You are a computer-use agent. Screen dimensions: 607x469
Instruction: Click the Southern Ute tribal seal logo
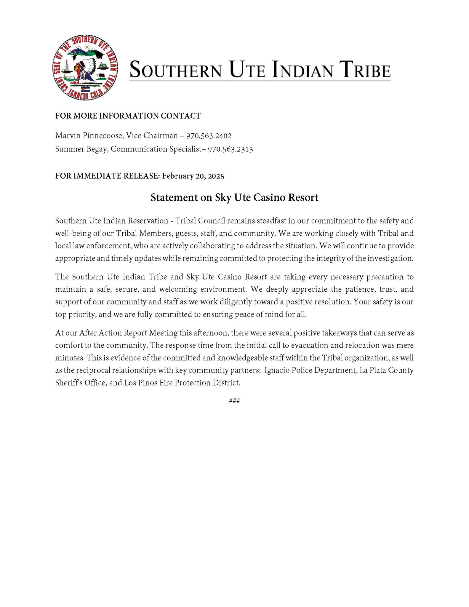(x=85, y=68)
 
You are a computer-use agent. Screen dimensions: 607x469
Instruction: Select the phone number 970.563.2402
(x=209, y=136)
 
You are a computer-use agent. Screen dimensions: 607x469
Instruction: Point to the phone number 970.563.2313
(x=230, y=149)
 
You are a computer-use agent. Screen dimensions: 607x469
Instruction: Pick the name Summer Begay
(x=81, y=149)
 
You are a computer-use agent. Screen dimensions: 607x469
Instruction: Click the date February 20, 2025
(x=193, y=176)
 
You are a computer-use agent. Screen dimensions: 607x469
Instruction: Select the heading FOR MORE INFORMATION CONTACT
(x=128, y=116)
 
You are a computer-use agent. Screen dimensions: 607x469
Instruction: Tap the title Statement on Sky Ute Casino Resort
(x=234, y=198)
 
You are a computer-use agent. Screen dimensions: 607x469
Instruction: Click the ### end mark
(x=234, y=401)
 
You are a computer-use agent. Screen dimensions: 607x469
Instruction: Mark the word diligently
(x=236, y=302)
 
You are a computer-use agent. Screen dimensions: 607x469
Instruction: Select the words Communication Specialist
(x=156, y=149)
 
